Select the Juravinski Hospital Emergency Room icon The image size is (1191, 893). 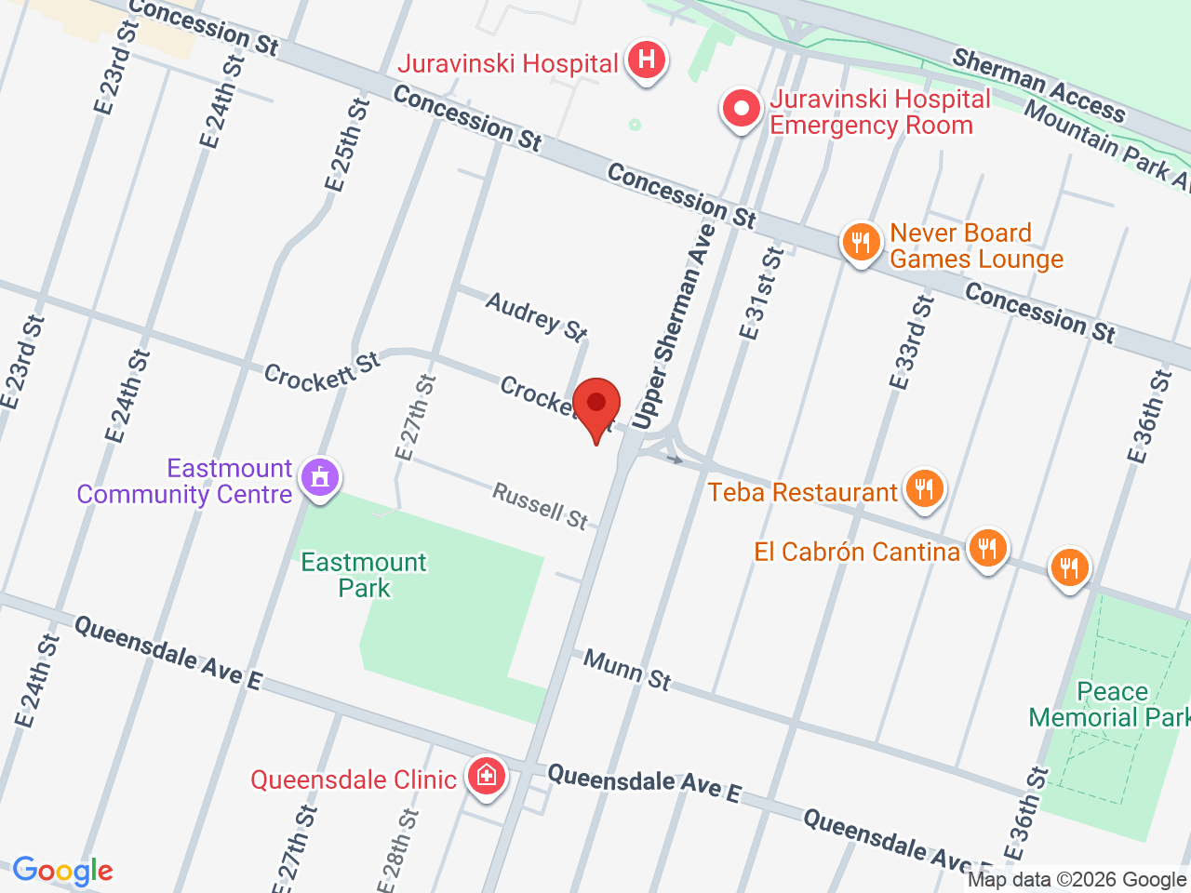[x=742, y=110]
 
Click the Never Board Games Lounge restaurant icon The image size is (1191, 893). [x=862, y=244]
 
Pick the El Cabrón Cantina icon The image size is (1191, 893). [x=987, y=548]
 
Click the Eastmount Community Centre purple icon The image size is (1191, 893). [x=320, y=478]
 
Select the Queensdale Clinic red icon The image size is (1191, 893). [x=486, y=775]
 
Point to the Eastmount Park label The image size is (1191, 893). [x=364, y=575]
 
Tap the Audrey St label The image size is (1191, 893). [x=537, y=316]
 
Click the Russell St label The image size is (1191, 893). [x=541, y=506]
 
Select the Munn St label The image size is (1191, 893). [x=627, y=670]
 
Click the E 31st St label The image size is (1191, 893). [x=762, y=294]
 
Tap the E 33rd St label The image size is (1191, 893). [x=911, y=342]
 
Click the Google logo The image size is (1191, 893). [x=62, y=871]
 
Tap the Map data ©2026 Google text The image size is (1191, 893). [x=1077, y=879]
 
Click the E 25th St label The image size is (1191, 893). [x=347, y=145]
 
